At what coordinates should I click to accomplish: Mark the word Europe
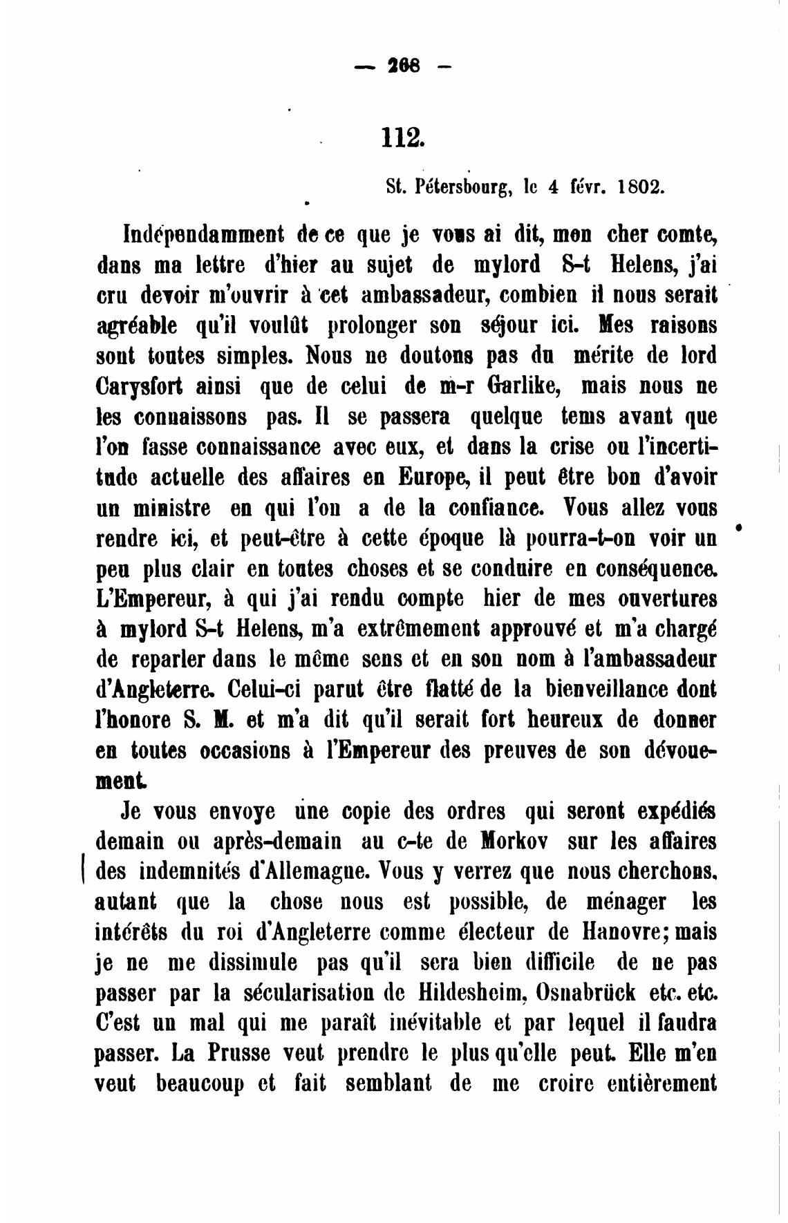pos(435,478)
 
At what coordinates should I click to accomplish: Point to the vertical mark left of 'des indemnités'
pos(84,871)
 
